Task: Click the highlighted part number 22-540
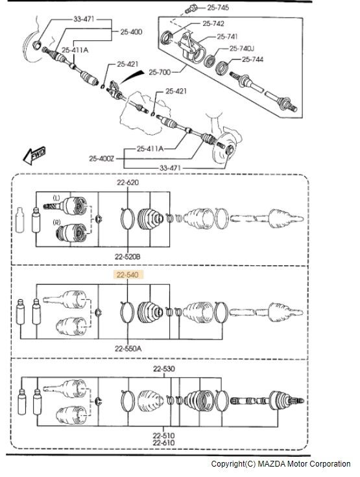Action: coord(128,275)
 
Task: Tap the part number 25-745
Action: coord(218,7)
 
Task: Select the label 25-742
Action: coord(213,23)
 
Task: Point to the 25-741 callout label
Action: coord(227,36)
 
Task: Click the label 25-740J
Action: coord(242,49)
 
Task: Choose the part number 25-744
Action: coord(253,59)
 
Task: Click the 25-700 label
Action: coord(160,72)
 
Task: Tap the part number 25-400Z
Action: coord(102,158)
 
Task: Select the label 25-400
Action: coord(131,32)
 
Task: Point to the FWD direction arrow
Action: coord(34,155)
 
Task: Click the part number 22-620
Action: coord(128,182)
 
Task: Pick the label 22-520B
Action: coord(128,257)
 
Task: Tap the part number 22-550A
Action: coord(128,349)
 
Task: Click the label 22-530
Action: coord(164,369)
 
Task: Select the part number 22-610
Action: coord(164,443)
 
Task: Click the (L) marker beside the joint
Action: coord(57,198)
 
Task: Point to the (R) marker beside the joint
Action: coord(57,223)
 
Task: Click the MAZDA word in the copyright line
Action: coord(271,464)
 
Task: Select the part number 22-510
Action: coord(164,435)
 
